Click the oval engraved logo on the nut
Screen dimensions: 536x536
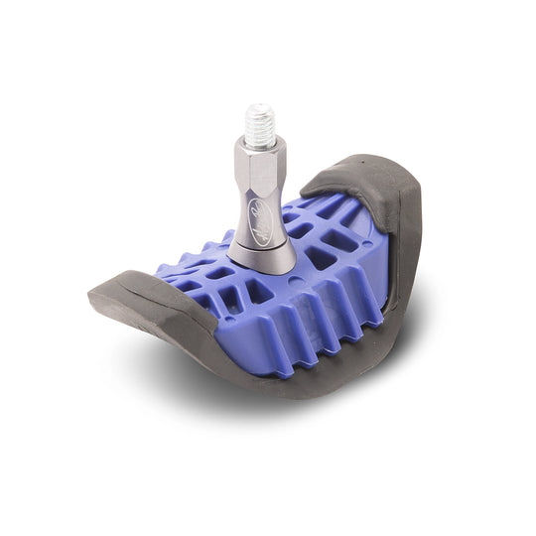[x=269, y=214]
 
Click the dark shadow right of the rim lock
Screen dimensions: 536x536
[x=437, y=318]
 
